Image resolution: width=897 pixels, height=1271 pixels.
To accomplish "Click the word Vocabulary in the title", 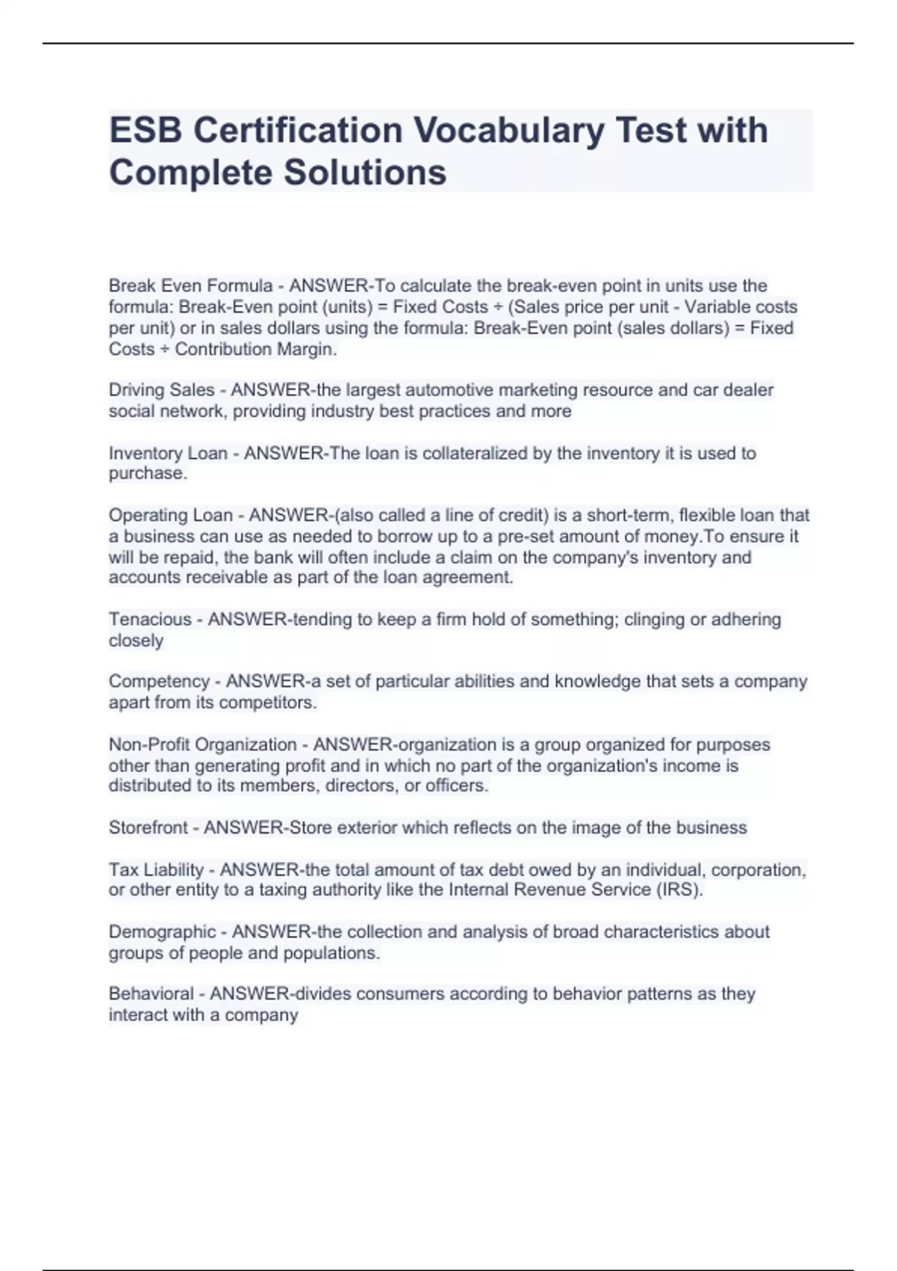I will (x=508, y=130).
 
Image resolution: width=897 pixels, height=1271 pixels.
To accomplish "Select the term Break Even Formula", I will (x=191, y=286).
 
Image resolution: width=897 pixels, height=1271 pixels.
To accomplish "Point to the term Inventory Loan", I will (x=167, y=453).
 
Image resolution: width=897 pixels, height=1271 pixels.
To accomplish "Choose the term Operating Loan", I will (x=170, y=515).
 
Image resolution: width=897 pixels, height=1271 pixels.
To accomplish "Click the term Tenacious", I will (x=149, y=619).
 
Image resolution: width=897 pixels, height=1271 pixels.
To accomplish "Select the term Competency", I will (x=158, y=681).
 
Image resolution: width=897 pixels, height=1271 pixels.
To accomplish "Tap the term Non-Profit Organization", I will (x=202, y=745).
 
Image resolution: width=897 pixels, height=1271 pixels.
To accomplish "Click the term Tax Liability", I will (x=155, y=870).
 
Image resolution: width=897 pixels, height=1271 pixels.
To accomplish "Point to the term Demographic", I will (x=161, y=932).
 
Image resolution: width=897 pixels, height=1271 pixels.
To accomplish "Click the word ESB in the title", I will (x=146, y=130).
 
